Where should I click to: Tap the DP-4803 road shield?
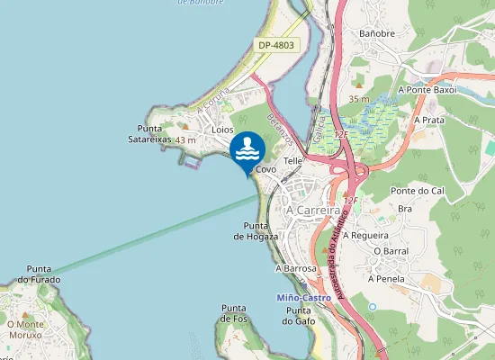[x=275, y=44]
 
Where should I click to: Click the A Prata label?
[x=429, y=119]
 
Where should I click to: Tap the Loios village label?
[x=222, y=130]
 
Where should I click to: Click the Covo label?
[x=265, y=169]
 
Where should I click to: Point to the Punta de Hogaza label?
[x=256, y=230]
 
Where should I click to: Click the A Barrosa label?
[x=297, y=268]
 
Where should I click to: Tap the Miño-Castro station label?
[x=304, y=297]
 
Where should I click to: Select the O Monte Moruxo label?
[x=24, y=328]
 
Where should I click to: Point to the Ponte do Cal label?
[x=418, y=192]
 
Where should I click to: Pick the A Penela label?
[x=387, y=280]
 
